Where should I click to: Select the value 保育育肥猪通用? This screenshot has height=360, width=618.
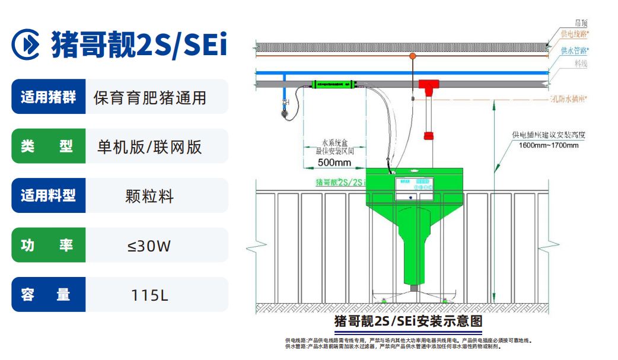pos(149,97)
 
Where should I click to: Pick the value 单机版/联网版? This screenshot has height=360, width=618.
pos(149,146)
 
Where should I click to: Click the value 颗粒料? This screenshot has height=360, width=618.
pos(149,196)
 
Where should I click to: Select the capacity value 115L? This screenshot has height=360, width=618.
pos(149,294)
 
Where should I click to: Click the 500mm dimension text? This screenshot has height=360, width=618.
pos(334,162)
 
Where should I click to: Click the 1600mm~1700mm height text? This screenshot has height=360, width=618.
pos(548,145)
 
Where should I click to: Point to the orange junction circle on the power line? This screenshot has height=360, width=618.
pos(412,56)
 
